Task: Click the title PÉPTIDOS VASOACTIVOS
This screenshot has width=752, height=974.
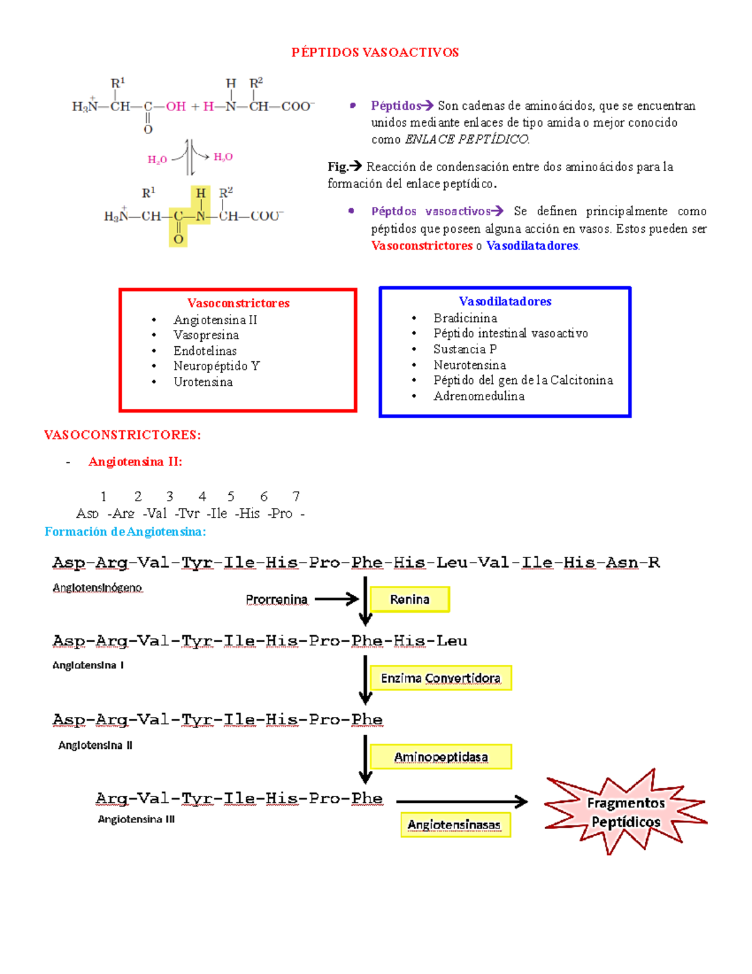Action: coord(375,53)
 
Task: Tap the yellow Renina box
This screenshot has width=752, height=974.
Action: coord(410,600)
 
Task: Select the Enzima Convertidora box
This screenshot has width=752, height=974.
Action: coord(441,678)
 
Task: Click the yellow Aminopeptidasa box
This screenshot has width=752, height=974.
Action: coord(441,757)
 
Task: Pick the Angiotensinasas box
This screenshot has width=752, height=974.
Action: coord(455,825)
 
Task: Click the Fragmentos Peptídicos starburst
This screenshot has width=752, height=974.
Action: coord(625,812)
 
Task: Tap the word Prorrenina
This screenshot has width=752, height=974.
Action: coord(276,600)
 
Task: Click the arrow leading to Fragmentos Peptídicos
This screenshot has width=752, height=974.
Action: coord(462,801)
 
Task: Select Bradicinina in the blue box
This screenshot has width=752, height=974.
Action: coord(465,318)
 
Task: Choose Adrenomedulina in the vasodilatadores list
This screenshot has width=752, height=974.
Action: coord(479,396)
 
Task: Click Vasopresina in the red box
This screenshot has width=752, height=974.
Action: coord(206,335)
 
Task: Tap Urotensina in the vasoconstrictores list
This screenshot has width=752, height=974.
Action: coord(203,382)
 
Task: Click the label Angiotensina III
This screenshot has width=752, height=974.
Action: coord(136,819)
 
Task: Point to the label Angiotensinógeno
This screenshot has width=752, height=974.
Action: coord(97,588)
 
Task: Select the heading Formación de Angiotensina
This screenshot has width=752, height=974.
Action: coord(125,532)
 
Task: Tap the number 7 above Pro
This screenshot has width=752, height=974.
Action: coord(296,496)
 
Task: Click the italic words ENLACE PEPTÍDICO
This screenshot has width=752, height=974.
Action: coord(467,139)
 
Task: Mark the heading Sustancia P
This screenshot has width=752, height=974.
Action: coord(465,349)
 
